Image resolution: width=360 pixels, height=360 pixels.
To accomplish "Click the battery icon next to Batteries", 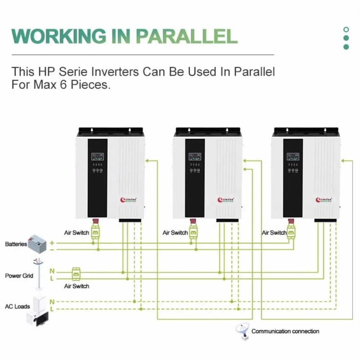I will coord(38,243).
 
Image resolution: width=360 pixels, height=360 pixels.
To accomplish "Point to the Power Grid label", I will coord(19,275).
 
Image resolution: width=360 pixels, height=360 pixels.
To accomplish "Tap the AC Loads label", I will coord(18,306).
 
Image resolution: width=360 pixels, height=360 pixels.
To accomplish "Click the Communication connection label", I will coord(285,331).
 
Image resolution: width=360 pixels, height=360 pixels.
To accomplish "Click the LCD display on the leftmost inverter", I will coord(97,158).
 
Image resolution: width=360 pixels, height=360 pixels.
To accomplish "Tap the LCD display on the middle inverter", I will coord(195,158).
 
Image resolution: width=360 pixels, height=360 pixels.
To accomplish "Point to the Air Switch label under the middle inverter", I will coord(175,233).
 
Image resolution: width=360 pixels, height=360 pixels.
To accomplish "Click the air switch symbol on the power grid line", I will coord(76,274).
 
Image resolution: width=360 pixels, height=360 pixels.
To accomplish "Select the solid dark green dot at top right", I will coord(346,47).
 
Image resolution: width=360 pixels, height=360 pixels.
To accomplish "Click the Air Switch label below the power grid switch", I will coord(76,286).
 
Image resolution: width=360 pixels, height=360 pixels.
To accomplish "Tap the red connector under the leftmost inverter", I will coord(95,222).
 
